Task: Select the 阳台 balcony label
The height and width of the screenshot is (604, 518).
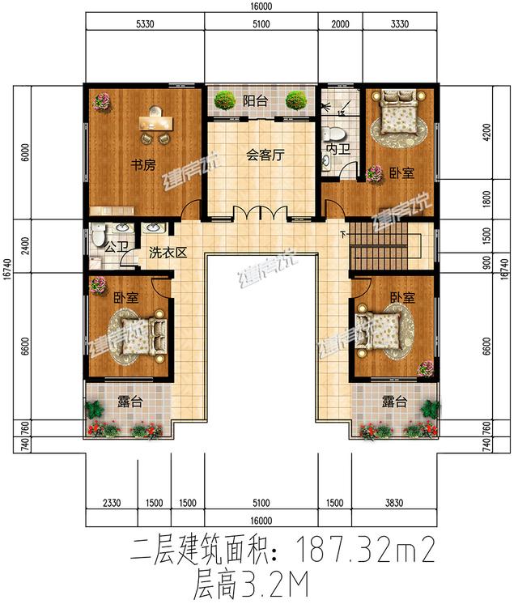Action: click(254, 101)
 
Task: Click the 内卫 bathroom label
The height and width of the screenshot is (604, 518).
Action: click(337, 151)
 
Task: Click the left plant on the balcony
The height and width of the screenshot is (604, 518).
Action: click(224, 101)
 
